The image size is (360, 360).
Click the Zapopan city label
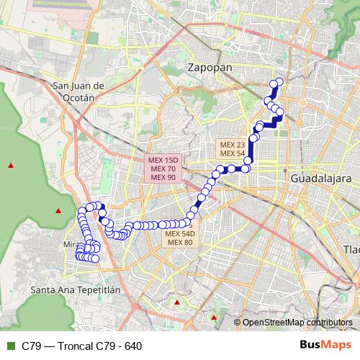coord(210,67)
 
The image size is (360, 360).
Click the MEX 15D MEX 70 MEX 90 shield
coord(163,168)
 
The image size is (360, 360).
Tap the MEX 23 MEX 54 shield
coord(233,149)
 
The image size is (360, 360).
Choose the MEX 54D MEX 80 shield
coord(179,238)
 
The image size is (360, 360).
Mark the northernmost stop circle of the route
coord(279,81)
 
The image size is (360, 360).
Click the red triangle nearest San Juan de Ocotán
coord(10,166)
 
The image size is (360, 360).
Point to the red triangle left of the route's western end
coord(58,210)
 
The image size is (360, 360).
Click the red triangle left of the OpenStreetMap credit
coord(214,316)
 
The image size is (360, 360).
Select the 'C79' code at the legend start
coord(31,346)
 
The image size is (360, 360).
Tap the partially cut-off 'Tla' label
coord(351,249)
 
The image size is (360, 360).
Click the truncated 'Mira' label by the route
coord(70,245)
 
